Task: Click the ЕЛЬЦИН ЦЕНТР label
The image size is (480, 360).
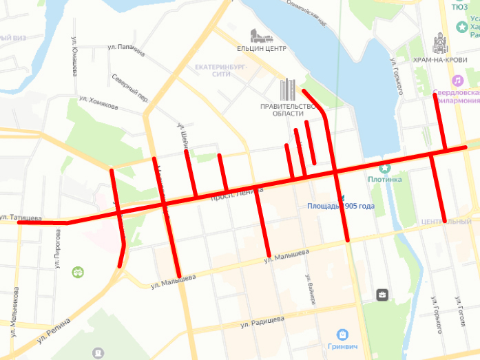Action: pyautogui.click(x=261, y=48)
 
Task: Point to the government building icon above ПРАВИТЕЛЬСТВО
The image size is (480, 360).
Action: pyautogui.click(x=288, y=89)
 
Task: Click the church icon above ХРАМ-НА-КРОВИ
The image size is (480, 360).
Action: pyautogui.click(x=439, y=43)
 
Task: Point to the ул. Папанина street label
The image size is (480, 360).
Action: pyautogui.click(x=127, y=49)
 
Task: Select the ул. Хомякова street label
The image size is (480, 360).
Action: pyautogui.click(x=99, y=103)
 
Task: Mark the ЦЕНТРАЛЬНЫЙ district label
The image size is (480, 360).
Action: pyautogui.click(x=446, y=222)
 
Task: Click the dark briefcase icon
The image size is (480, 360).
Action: pyautogui.click(x=382, y=295)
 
